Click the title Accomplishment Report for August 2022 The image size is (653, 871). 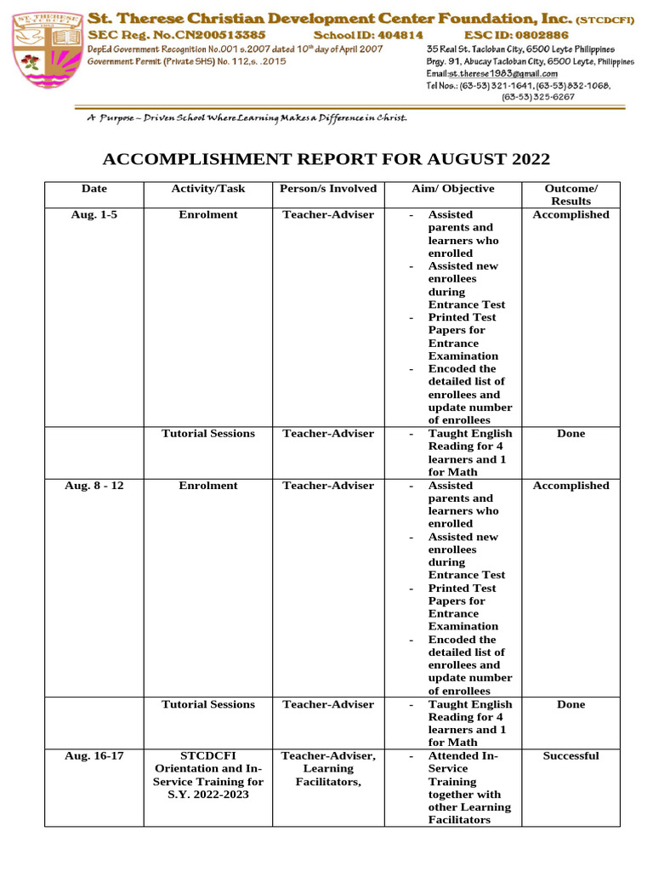pyautogui.click(x=326, y=160)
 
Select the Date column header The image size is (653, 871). pyautogui.click(x=94, y=189)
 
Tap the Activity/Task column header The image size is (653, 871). pyautogui.click(x=208, y=189)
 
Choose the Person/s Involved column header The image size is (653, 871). pyautogui.click(x=328, y=189)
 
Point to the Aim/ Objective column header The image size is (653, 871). pyautogui.click(x=452, y=189)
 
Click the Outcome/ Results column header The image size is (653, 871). pyautogui.click(x=571, y=195)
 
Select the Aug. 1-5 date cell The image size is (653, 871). pyautogui.click(x=94, y=215)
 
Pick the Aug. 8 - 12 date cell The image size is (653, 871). pyautogui.click(x=94, y=486)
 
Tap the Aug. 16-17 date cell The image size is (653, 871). pyautogui.click(x=94, y=756)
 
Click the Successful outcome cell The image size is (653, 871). pyautogui.click(x=571, y=756)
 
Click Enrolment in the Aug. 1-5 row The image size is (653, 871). pyautogui.click(x=208, y=215)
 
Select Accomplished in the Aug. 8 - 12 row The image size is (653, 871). pyautogui.click(x=571, y=486)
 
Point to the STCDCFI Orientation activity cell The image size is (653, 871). pyautogui.click(x=208, y=775)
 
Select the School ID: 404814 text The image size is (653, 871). pyautogui.click(x=368, y=35)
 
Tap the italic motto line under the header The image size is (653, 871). pyautogui.click(x=247, y=117)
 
